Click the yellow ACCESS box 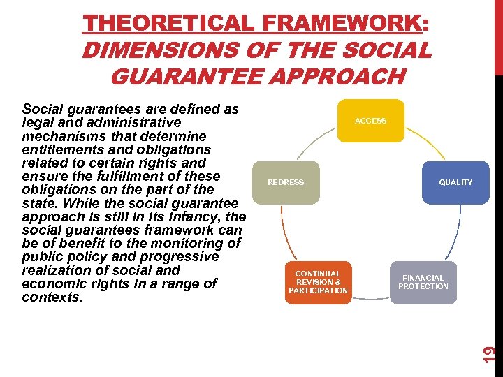point(370,121)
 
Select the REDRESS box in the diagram point(286,182)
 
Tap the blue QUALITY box point(455,182)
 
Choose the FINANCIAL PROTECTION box point(423,282)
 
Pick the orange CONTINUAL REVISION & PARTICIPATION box point(318,282)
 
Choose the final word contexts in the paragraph point(52,297)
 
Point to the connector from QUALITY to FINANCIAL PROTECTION point(455,234)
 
